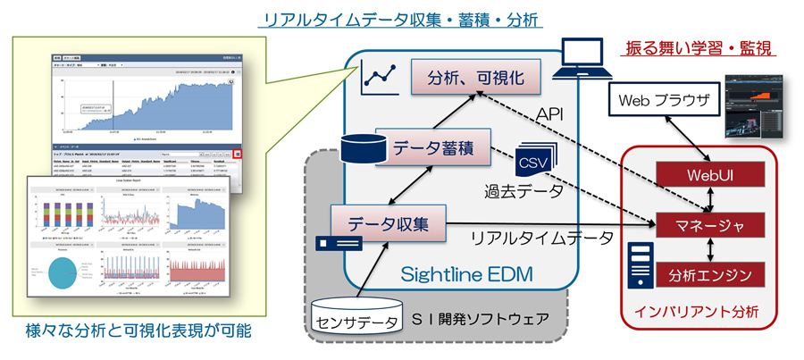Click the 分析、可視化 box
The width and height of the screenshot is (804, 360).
(475, 78)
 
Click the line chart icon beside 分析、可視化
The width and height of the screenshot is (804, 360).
(380, 80)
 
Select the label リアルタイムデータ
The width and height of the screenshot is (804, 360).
(541, 239)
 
